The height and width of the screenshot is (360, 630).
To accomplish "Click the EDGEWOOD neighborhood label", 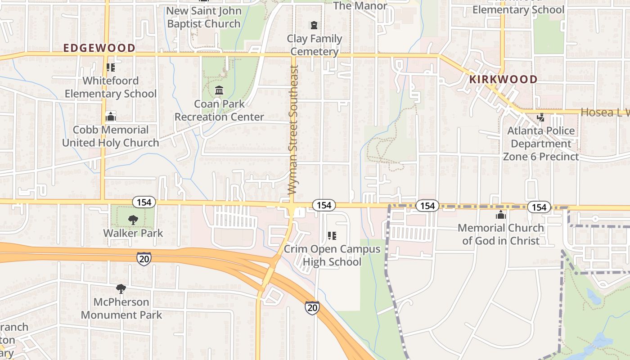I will pyautogui.click(x=99, y=48).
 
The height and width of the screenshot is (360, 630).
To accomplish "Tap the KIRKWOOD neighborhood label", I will pyautogui.click(x=503, y=80).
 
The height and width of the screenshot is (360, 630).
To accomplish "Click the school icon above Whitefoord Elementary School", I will pyautogui.click(x=111, y=67).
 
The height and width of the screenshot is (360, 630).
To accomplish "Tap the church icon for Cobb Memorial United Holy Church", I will pyautogui.click(x=111, y=117).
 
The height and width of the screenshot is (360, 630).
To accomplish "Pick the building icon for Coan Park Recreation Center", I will pyautogui.click(x=219, y=90).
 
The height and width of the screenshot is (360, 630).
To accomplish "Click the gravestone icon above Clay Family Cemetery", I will pyautogui.click(x=314, y=25).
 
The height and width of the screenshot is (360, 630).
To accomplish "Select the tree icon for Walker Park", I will pyautogui.click(x=133, y=220).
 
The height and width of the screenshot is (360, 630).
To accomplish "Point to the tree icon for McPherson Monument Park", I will pyautogui.click(x=121, y=289).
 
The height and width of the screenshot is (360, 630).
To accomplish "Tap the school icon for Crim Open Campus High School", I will pyautogui.click(x=332, y=236).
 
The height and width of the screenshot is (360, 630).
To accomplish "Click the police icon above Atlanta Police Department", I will pyautogui.click(x=541, y=117).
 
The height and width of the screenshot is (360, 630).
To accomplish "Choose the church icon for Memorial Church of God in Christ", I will pyautogui.click(x=500, y=215).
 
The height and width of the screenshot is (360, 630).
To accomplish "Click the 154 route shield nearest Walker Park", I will pyautogui.click(x=144, y=202).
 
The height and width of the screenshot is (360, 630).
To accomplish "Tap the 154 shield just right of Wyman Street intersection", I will pyautogui.click(x=324, y=205).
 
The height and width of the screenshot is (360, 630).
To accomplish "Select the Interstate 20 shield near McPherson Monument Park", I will pyautogui.click(x=144, y=258).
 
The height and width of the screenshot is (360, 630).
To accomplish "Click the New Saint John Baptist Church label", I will pyautogui.click(x=204, y=17).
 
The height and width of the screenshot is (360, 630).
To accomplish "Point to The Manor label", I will pyautogui.click(x=360, y=6).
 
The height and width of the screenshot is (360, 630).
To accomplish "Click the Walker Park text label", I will pyautogui.click(x=133, y=233).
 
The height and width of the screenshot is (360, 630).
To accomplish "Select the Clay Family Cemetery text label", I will pyautogui.click(x=315, y=45).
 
